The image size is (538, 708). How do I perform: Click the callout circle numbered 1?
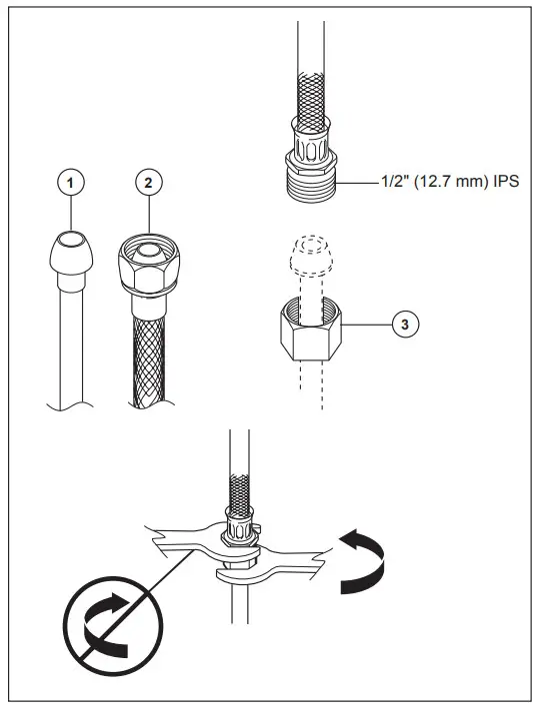pyautogui.click(x=70, y=183)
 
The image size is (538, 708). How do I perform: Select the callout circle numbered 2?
pyautogui.click(x=148, y=183)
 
